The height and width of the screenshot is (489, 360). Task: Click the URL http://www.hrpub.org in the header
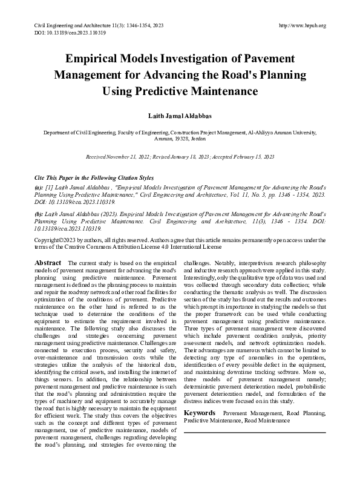pos(303,25)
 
